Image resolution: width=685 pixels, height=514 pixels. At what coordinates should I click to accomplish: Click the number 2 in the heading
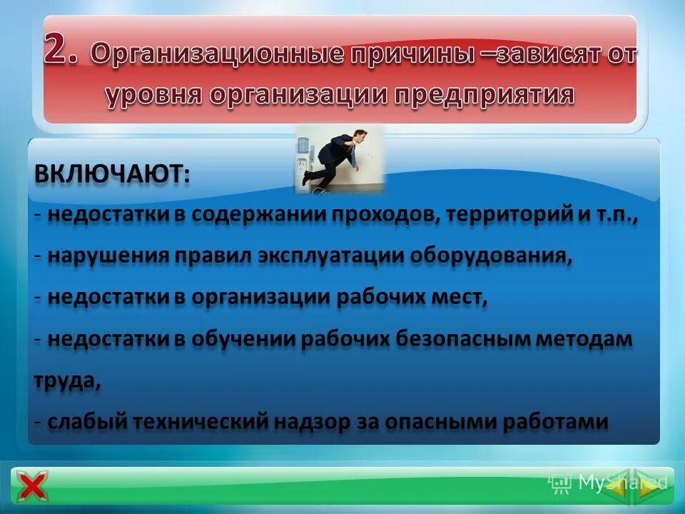tap(65, 51)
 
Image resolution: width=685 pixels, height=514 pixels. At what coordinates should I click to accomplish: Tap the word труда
tap(66, 381)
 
